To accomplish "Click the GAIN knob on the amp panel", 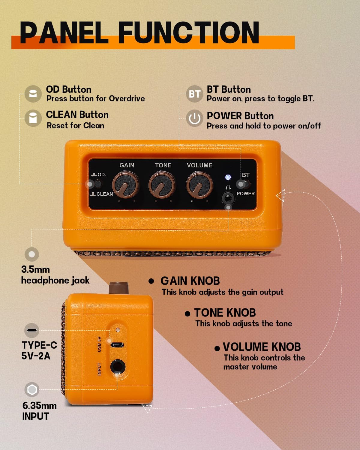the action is [x=125, y=184].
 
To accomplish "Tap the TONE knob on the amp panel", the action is [x=162, y=184].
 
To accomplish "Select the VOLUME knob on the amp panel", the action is [x=199, y=184].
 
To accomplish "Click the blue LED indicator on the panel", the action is [x=228, y=177].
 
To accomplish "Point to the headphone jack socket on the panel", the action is [x=228, y=198].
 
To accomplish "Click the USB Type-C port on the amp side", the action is [x=117, y=345].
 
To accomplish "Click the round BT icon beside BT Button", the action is [x=194, y=94].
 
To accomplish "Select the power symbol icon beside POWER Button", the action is [x=194, y=118].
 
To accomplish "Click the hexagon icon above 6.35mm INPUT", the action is [x=32, y=390].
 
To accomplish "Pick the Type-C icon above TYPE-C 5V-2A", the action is [x=32, y=330].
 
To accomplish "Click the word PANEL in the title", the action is [x=64, y=33].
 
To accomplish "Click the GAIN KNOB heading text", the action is [x=190, y=281].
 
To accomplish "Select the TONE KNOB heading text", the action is [x=225, y=313].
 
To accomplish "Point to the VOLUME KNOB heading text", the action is [x=262, y=347].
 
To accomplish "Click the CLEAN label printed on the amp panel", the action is [x=105, y=194].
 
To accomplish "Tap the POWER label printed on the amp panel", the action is [x=246, y=193].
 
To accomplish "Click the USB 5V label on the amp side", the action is [x=99, y=344].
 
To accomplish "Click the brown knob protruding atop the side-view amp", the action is [x=118, y=288].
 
